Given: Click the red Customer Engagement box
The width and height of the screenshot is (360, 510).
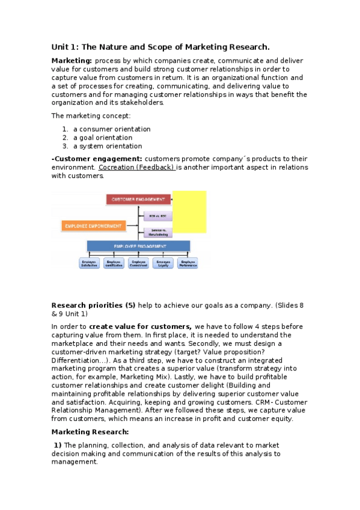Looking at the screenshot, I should (x=138, y=198).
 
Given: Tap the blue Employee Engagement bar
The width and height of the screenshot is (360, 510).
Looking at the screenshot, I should (x=138, y=246).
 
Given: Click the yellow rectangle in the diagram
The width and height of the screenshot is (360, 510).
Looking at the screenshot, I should (x=189, y=212).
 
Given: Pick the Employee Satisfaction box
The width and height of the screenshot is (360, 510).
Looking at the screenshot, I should (x=90, y=263).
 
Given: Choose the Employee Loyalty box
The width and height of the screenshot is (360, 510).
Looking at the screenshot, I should (x=163, y=263).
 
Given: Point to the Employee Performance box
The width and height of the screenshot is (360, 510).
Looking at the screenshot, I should (x=188, y=263).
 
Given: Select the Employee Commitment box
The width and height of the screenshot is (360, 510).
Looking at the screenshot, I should (x=139, y=263).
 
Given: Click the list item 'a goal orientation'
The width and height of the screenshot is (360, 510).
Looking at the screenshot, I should (x=103, y=138).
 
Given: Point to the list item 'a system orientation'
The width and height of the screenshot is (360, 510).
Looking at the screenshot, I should (x=108, y=146).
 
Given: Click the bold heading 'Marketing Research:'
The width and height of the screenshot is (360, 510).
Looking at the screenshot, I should (x=90, y=432).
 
